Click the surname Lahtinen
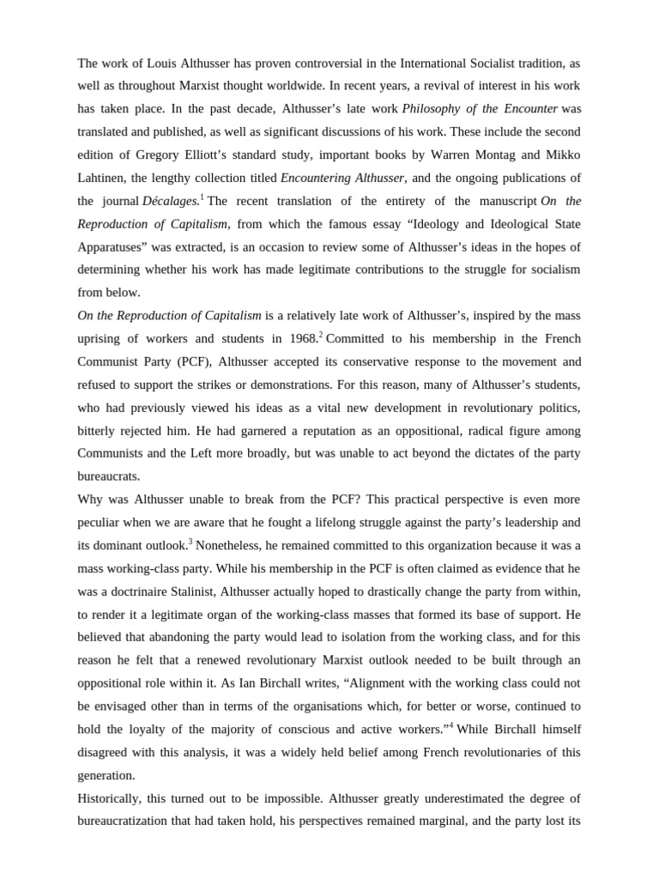(x=106, y=178)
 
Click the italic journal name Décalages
(x=170, y=201)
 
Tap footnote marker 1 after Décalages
(x=202, y=197)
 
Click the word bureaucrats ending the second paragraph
(x=108, y=476)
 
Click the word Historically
(x=114, y=797)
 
